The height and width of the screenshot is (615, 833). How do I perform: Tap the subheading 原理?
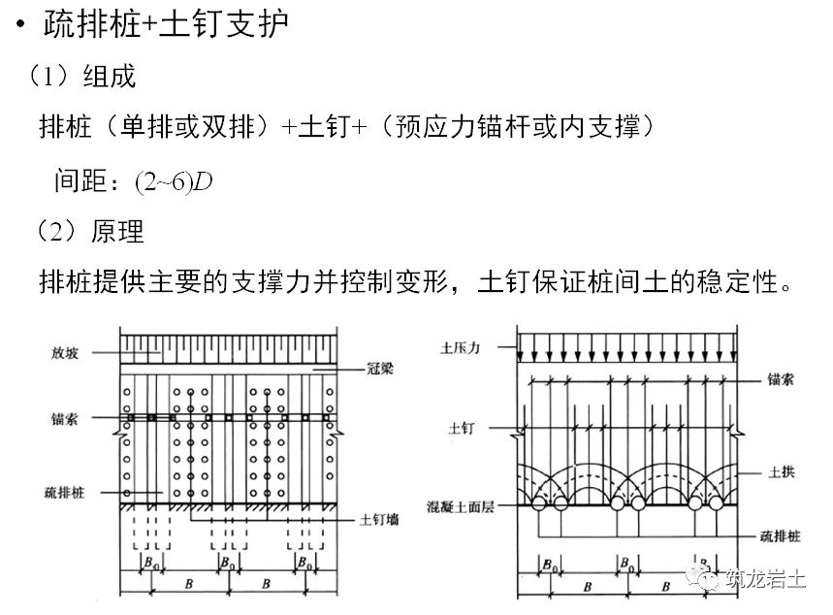(117, 231)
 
